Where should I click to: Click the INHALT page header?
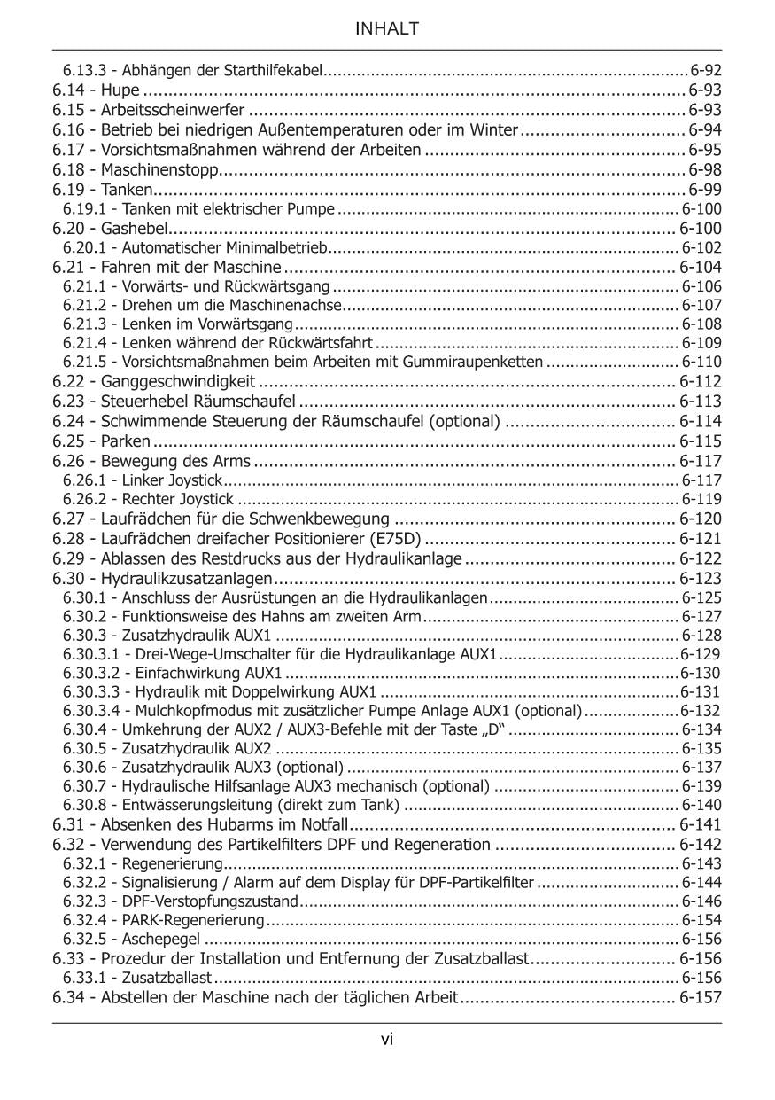[387, 29]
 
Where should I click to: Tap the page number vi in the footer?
[387, 1040]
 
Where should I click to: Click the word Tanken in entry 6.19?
[128, 189]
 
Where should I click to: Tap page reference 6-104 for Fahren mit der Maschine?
[701, 267]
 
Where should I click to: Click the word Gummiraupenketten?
[483, 362]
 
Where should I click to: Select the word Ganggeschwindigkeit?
[178, 382]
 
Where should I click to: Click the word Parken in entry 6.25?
[125, 441]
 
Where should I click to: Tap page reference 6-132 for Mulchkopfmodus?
[701, 711]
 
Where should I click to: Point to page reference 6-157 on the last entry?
[701, 997]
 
